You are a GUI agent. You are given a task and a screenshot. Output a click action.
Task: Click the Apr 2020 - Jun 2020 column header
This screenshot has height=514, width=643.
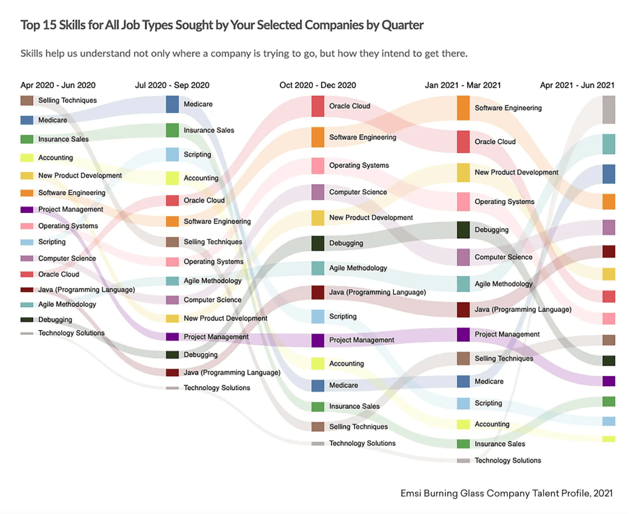(x=58, y=85)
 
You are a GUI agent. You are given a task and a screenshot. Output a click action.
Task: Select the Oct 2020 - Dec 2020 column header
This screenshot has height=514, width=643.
(x=317, y=85)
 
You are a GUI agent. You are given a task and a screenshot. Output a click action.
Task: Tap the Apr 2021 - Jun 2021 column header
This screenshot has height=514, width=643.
(x=577, y=85)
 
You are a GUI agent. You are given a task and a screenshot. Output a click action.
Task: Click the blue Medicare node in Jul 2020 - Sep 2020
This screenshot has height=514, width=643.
(x=172, y=104)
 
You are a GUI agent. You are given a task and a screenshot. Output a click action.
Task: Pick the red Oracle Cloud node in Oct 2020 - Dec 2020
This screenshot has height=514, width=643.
(x=317, y=106)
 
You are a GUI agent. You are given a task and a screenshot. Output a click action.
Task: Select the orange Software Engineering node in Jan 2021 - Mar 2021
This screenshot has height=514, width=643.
(x=463, y=108)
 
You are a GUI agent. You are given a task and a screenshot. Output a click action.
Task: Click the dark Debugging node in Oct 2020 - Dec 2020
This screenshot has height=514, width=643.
(x=317, y=243)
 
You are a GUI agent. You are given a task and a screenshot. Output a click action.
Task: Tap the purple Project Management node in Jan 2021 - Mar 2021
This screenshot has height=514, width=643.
(x=463, y=335)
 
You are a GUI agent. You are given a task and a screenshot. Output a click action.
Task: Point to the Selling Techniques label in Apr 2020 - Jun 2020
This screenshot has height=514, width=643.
(x=67, y=100)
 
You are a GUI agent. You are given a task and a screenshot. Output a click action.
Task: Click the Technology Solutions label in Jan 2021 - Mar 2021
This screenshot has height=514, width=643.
(x=508, y=460)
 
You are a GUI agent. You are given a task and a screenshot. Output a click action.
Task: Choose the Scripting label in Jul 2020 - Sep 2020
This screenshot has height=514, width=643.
(x=197, y=154)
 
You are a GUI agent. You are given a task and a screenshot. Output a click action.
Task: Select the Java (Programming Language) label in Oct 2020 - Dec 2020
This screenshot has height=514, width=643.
(x=378, y=292)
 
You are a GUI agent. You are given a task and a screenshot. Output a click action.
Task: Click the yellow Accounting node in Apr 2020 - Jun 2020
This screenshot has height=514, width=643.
(x=27, y=158)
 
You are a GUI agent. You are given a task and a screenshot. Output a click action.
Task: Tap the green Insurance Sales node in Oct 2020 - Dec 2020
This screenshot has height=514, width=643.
(x=317, y=407)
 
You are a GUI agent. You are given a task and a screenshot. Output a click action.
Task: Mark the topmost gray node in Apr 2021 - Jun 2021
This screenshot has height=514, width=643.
(x=609, y=110)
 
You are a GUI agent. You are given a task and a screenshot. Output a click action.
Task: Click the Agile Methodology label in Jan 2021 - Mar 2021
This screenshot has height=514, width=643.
(x=503, y=284)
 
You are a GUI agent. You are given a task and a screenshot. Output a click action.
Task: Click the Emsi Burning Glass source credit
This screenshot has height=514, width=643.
(x=506, y=493)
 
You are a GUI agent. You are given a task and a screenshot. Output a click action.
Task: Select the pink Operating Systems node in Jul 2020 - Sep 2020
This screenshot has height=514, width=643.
(x=172, y=262)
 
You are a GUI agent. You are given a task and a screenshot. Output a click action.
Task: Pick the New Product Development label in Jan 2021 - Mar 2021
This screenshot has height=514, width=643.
(x=516, y=173)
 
